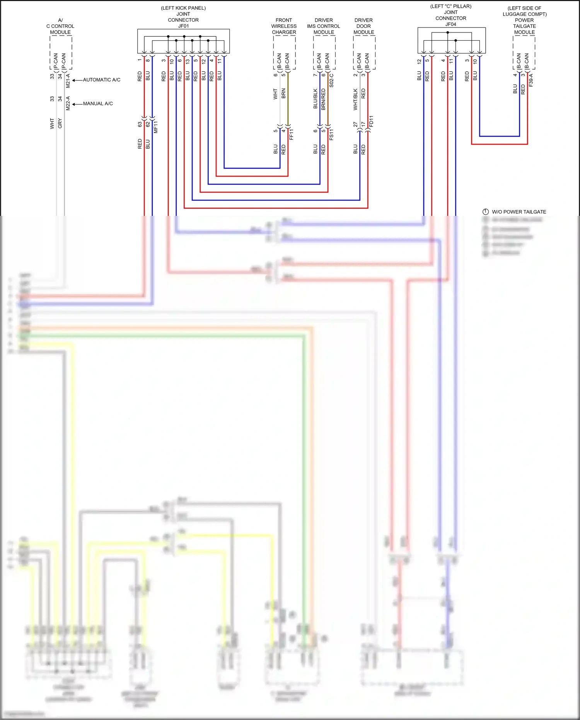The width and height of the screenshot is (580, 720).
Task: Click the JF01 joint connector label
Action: point(183,26)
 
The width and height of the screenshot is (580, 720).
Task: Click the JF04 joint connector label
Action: point(450,24)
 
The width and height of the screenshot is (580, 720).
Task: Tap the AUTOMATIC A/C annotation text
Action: point(102,80)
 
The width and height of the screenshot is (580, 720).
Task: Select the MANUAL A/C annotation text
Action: point(98,104)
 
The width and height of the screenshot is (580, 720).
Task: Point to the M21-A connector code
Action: point(68,80)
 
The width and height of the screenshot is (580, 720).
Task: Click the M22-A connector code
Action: point(68,103)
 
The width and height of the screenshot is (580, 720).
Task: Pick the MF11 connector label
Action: point(156,127)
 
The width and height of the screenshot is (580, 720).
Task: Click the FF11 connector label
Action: point(292,134)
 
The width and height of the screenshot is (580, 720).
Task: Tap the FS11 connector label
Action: point(331,134)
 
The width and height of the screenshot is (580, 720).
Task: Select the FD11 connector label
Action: point(371,121)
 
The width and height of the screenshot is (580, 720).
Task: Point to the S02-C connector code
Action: point(331,80)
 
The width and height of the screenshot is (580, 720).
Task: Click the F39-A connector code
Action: point(531,80)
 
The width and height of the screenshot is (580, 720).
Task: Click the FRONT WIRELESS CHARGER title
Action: point(284,26)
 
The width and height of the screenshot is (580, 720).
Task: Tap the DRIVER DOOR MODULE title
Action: point(363,26)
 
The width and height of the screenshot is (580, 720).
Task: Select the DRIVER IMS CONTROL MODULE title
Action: point(324,26)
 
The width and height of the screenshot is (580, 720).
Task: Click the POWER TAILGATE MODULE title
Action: point(524,26)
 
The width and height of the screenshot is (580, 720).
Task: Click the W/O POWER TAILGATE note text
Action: point(519,212)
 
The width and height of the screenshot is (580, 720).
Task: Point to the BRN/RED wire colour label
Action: point(323,99)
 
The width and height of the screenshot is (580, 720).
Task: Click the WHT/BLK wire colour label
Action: point(355,99)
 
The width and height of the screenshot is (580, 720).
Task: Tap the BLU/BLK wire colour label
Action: point(315,99)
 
